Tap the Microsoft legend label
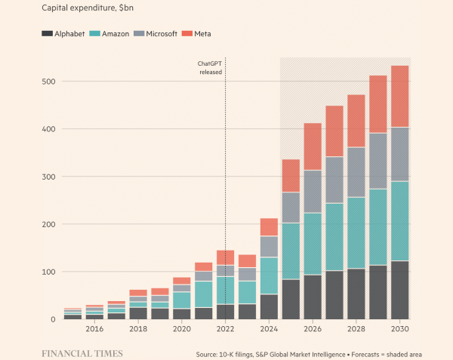(x=160, y=34)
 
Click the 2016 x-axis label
(x=94, y=330)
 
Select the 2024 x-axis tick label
(x=269, y=330)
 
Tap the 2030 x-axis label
(x=399, y=330)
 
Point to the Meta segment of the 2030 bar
(x=399, y=96)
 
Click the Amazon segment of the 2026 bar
(x=313, y=243)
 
